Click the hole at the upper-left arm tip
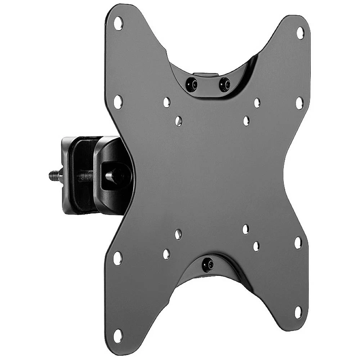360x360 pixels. tap(118, 24)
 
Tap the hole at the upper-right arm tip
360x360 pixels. tap(300, 33)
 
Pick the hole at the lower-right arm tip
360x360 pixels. tap(298, 312)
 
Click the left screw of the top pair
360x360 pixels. tap(191, 85)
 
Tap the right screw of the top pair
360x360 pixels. tap(225, 84)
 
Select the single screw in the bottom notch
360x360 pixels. tap(207, 265)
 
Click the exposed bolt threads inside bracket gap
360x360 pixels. tap(85, 176)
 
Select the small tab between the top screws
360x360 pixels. tap(208, 76)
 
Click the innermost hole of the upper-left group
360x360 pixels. tap(179, 121)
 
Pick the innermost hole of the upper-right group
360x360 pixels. tap(246, 121)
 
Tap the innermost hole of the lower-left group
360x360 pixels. tap(178, 234)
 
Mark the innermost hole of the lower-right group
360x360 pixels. tap(246, 229)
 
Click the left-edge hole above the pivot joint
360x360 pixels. tap(118, 102)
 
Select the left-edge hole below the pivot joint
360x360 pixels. tap(117, 258)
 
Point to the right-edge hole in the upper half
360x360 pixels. tap(299, 103)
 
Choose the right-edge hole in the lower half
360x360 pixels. tap(298, 243)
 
